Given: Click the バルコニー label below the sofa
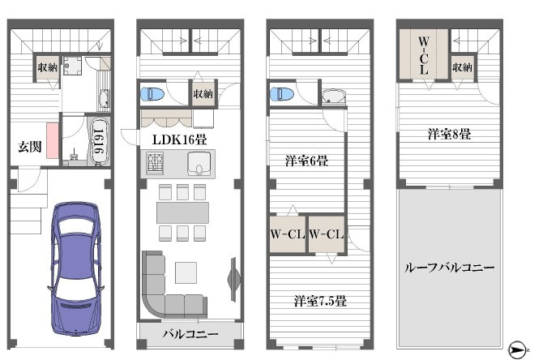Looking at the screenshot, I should (190, 333).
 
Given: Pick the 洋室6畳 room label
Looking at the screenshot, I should (306, 161).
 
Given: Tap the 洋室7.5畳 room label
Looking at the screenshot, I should (320, 301).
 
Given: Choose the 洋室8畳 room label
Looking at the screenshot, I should (449, 134).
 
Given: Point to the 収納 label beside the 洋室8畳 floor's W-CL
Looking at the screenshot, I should (462, 68).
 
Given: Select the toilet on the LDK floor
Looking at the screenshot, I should (152, 94).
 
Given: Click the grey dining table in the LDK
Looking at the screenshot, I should (182, 212).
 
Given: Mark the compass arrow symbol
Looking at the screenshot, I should (517, 350).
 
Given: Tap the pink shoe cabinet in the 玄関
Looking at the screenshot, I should (52, 139).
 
